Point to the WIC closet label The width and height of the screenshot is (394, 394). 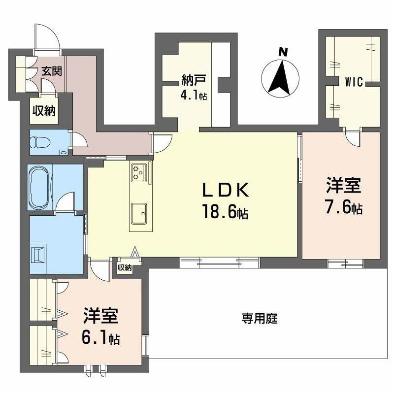354,82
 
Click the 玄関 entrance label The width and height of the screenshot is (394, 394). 51,71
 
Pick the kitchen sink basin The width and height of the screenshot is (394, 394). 139,212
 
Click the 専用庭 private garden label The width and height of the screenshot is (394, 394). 260,319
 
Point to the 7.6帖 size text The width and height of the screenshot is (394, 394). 344,209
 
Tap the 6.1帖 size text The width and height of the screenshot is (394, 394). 100,338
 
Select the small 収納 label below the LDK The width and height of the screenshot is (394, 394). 125,268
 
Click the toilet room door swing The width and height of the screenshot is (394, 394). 79,140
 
